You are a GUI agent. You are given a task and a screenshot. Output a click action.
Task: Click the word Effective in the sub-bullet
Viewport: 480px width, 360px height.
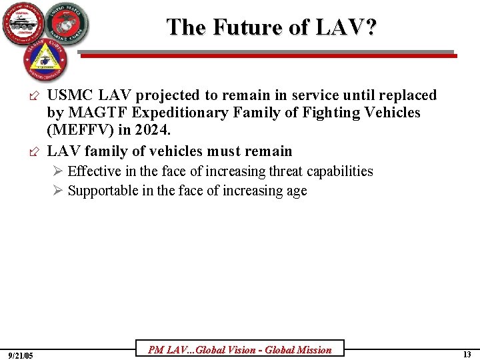pyautogui.click(x=97, y=171)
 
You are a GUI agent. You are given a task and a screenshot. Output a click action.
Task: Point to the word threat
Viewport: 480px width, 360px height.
pyautogui.click(x=289, y=171)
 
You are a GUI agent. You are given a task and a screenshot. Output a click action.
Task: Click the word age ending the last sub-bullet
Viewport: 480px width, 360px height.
pyautogui.click(x=296, y=191)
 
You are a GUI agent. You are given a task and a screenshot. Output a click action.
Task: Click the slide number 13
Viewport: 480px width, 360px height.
pyautogui.click(x=467, y=355)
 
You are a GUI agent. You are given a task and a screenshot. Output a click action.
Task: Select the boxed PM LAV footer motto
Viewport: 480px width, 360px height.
pyautogui.click(x=239, y=349)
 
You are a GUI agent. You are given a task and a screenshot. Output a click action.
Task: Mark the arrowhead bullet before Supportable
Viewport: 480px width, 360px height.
pyautogui.click(x=59, y=191)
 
